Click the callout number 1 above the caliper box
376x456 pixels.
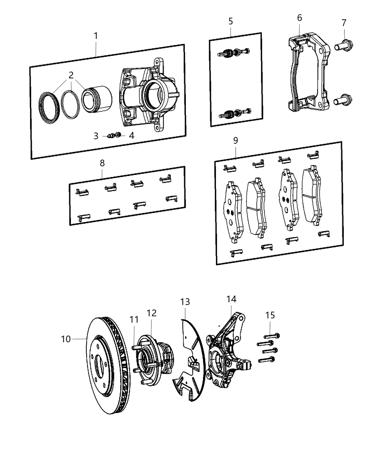point(96,36)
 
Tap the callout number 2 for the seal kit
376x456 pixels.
point(71,75)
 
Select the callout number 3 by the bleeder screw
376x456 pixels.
point(96,136)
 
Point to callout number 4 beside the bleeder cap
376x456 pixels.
point(131,136)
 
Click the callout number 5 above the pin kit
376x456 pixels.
point(231,21)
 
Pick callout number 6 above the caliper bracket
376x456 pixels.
point(299,18)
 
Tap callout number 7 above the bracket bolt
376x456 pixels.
point(344,23)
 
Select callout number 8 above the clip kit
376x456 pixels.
point(102,163)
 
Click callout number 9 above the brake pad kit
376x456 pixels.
point(235,141)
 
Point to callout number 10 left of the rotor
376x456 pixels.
point(66,339)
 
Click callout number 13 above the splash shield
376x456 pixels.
point(185,302)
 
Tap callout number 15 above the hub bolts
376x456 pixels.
point(270,315)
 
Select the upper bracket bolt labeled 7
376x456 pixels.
point(344,46)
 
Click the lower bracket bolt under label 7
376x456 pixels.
point(343,100)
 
